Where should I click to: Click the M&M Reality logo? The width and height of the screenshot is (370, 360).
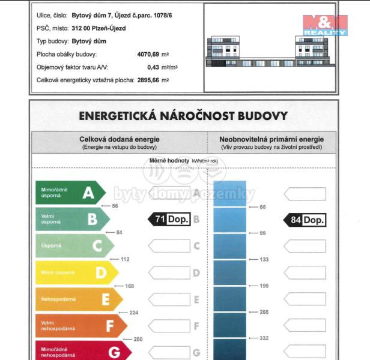pos(324,24)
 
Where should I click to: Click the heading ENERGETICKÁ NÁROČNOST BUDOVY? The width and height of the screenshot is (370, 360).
pos(183,116)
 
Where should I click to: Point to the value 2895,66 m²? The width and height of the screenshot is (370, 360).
pos(150,80)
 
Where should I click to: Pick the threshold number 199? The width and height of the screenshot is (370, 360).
pos(262,286)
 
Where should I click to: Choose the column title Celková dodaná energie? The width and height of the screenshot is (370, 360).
pos(119,139)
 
